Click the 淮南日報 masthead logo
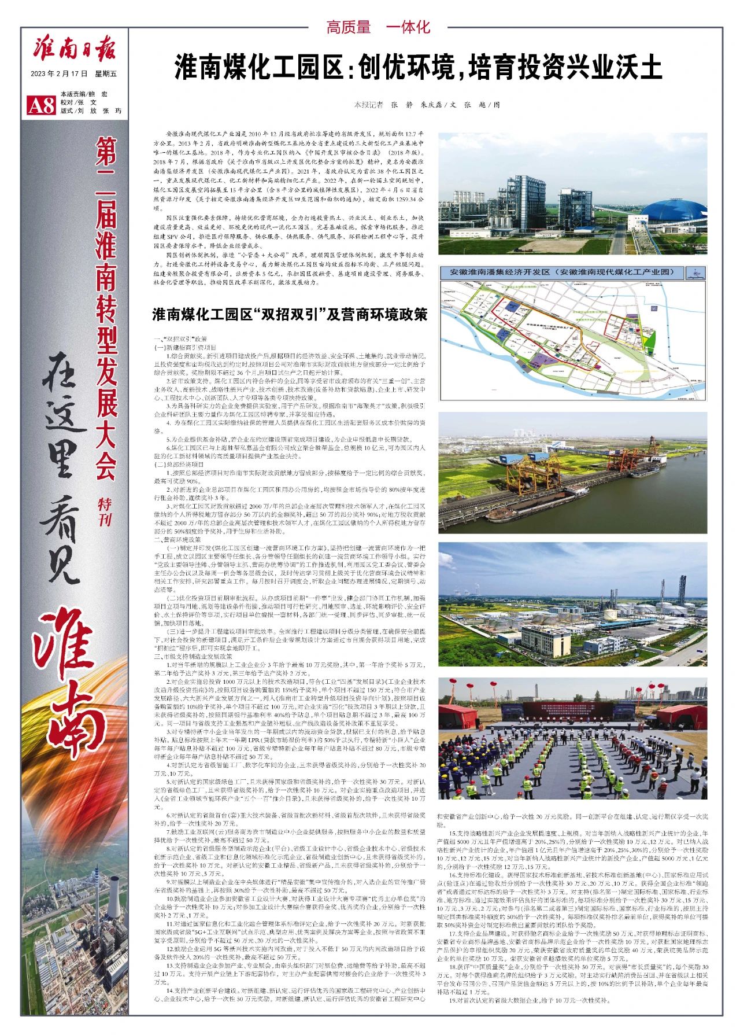pos(74,49)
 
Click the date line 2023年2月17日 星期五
pos(74,74)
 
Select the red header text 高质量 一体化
pos(379,27)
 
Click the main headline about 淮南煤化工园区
pos(418,68)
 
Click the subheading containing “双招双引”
pos(290,315)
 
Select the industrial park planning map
pos(572,341)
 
